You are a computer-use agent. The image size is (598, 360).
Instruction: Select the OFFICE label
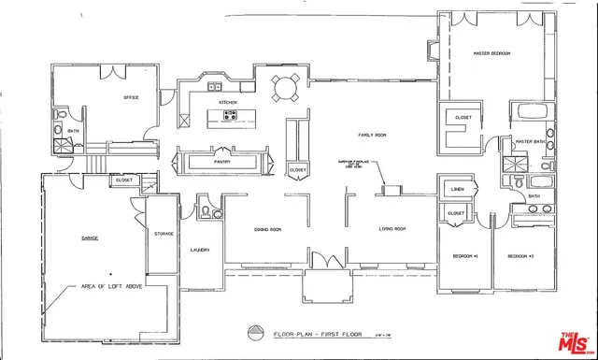click(x=131, y=97)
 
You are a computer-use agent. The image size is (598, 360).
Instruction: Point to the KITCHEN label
click(x=227, y=102)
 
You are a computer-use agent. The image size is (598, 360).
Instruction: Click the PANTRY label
click(x=221, y=162)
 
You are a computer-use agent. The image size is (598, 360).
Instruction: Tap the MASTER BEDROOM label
click(x=491, y=53)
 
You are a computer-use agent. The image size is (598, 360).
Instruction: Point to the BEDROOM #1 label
click(x=465, y=255)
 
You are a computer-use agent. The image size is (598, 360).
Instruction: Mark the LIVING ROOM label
click(x=391, y=228)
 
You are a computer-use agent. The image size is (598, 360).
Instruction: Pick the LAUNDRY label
click(x=199, y=250)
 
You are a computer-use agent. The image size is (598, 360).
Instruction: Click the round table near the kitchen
click(x=285, y=89)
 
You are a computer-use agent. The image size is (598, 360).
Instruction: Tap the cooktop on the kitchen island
click(x=230, y=117)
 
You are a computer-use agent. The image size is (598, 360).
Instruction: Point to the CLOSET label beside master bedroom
click(x=463, y=117)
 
